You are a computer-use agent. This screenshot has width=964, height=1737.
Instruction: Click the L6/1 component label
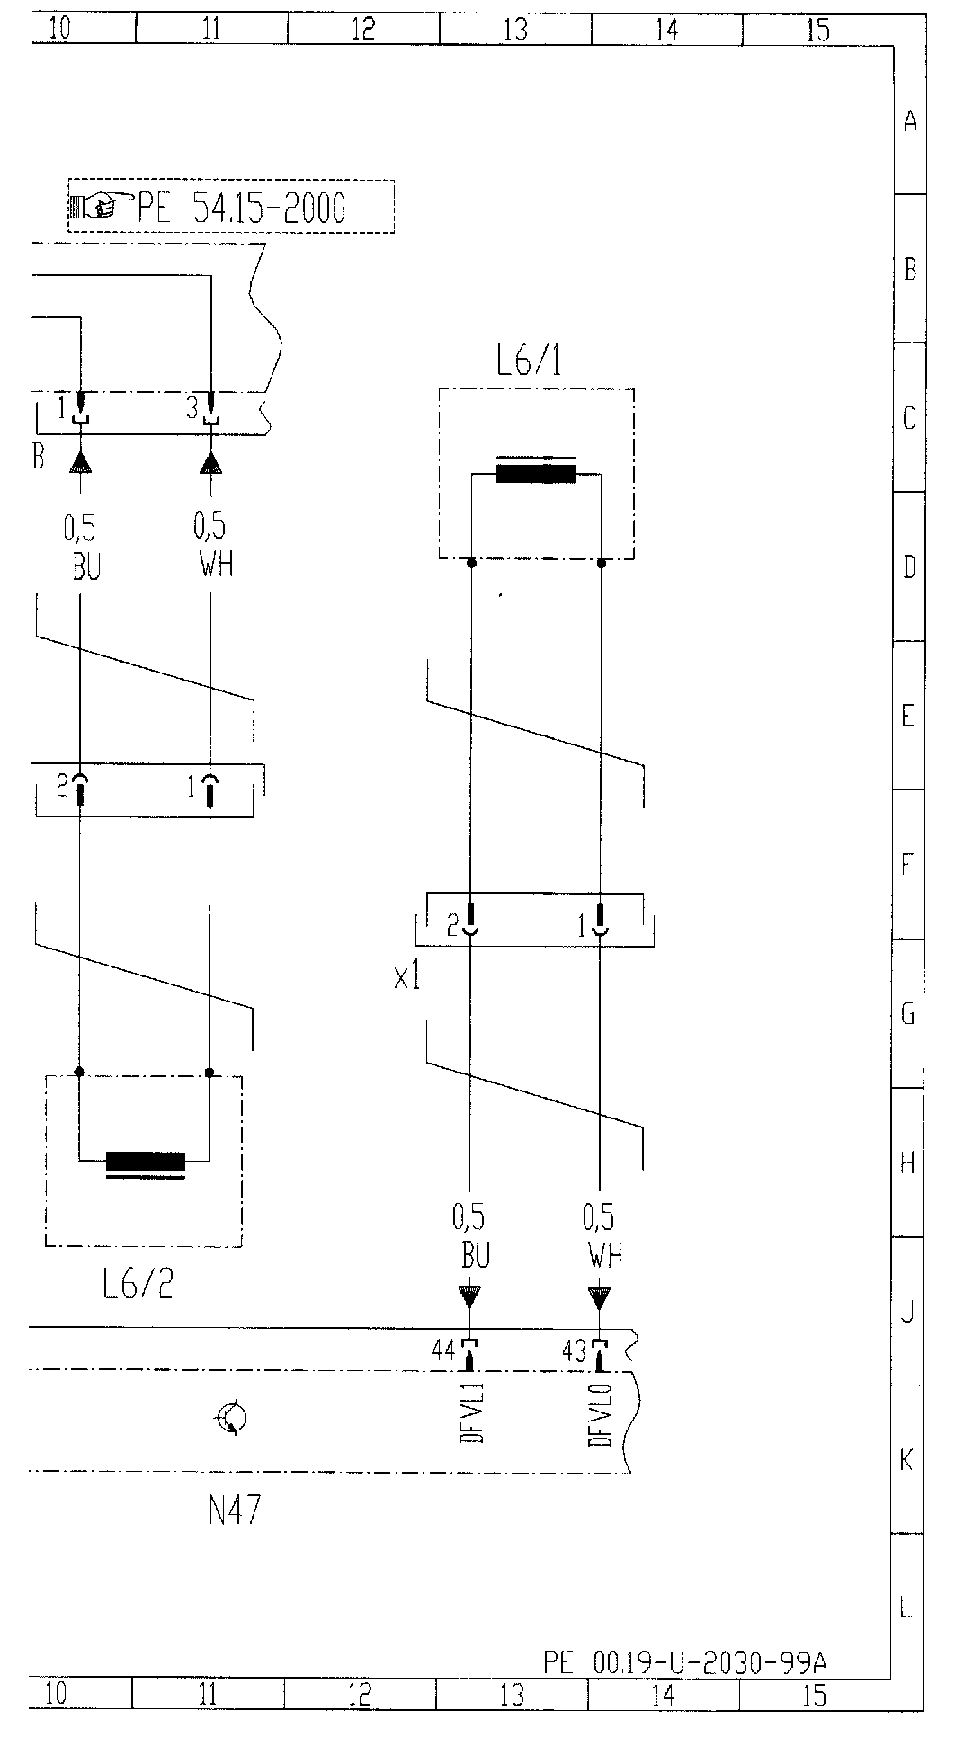530,361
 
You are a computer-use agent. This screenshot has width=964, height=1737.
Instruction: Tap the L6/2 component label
137,1285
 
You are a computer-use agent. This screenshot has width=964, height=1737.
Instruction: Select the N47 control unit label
234,1511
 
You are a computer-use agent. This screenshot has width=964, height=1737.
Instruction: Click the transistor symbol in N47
231,1418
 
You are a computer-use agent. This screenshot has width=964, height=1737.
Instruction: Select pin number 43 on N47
574,1350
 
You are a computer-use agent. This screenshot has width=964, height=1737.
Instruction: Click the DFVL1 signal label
471,1412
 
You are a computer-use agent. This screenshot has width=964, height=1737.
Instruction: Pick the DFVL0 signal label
600,1414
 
